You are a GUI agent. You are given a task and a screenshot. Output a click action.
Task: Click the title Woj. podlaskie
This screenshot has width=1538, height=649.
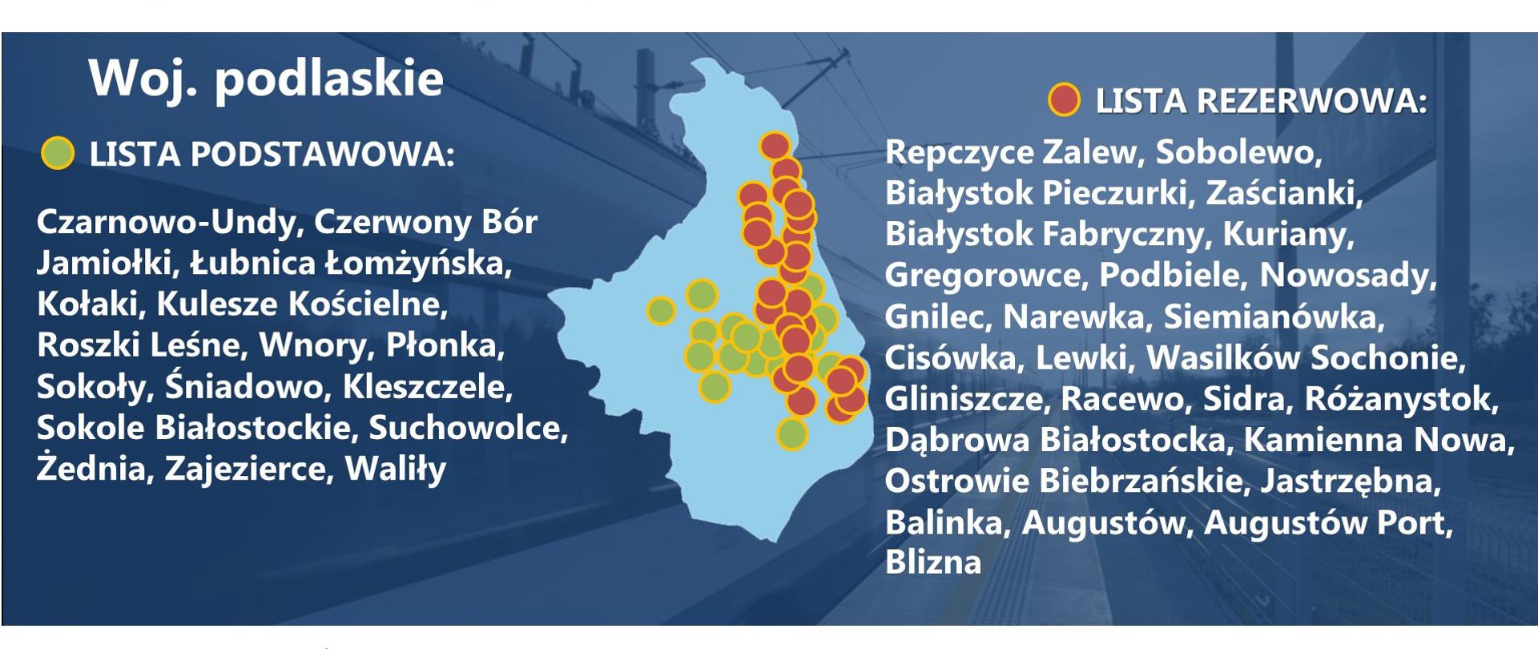[x=266, y=78]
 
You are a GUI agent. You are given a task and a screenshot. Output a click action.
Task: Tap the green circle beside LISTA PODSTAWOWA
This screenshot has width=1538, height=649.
[x=58, y=154]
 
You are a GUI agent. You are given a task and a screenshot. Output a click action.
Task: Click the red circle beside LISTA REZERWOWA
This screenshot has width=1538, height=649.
[x=1065, y=101]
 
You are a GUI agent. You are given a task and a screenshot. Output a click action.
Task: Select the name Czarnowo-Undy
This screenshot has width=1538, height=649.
[x=167, y=222]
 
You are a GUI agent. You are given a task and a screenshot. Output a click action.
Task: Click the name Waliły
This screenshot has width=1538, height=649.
[x=395, y=469]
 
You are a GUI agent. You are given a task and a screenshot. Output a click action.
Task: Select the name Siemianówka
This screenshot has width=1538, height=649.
[x=1274, y=316]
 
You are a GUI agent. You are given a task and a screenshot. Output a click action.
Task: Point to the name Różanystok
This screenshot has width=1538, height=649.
[x=1401, y=398]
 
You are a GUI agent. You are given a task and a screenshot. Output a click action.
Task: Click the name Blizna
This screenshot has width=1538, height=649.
[x=932, y=562]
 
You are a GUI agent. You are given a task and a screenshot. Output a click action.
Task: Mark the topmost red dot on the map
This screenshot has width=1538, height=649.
[x=775, y=147]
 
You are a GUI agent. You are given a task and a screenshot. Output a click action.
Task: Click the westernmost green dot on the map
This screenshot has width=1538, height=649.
[x=661, y=310]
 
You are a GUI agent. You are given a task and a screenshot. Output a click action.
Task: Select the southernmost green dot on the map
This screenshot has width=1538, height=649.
[x=791, y=434]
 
